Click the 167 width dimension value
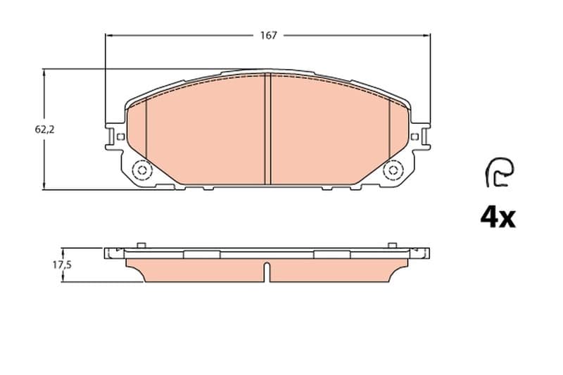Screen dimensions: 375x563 point(268,35)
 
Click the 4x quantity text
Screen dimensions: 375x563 point(498,217)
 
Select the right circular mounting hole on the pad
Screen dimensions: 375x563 point(393,170)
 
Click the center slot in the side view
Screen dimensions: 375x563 point(267,272)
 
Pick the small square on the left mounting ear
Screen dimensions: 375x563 point(120,136)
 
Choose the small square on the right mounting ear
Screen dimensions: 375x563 point(415,136)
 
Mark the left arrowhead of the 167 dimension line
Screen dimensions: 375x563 point(108,35)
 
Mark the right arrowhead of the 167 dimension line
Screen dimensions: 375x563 point(429,35)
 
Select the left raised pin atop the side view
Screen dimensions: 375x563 point(141,245)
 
